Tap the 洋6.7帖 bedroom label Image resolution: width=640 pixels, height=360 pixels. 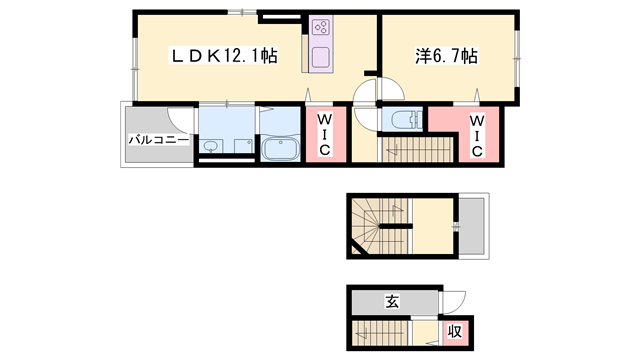(x=445, y=57)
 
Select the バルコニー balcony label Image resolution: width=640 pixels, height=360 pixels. (x=157, y=140)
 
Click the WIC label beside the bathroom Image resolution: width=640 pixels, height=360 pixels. (x=325, y=134)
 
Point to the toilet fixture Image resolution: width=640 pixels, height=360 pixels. (x=403, y=121)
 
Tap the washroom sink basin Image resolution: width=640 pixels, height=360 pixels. (x=210, y=148)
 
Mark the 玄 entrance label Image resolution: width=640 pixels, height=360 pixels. (x=393, y=302)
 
